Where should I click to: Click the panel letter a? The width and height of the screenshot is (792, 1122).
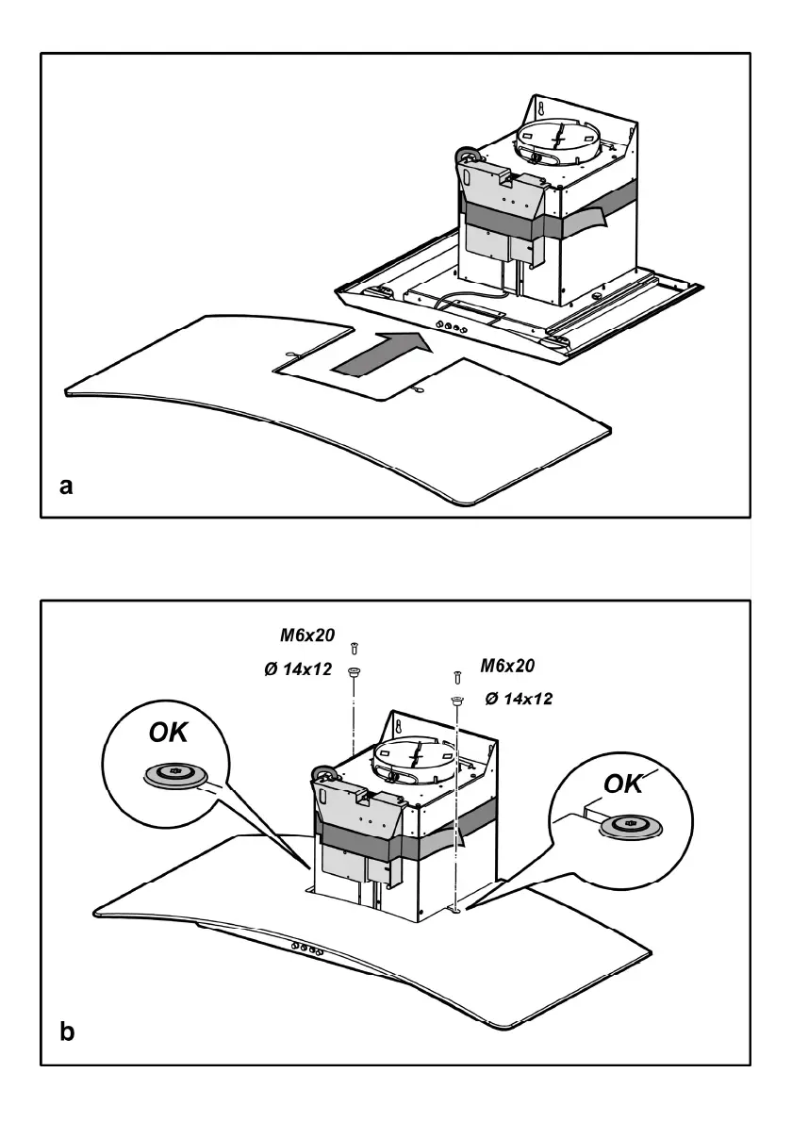(65, 487)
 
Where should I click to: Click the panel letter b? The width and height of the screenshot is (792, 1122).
(67, 1032)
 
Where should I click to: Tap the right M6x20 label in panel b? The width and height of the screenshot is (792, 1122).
(507, 667)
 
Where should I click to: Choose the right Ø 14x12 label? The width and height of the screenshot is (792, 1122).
(518, 700)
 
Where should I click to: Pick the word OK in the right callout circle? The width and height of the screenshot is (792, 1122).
(623, 784)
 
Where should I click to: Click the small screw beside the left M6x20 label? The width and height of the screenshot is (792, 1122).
(354, 647)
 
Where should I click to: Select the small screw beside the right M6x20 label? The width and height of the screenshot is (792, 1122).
(457, 676)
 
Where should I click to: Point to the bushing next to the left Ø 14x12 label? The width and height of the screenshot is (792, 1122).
(354, 672)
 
